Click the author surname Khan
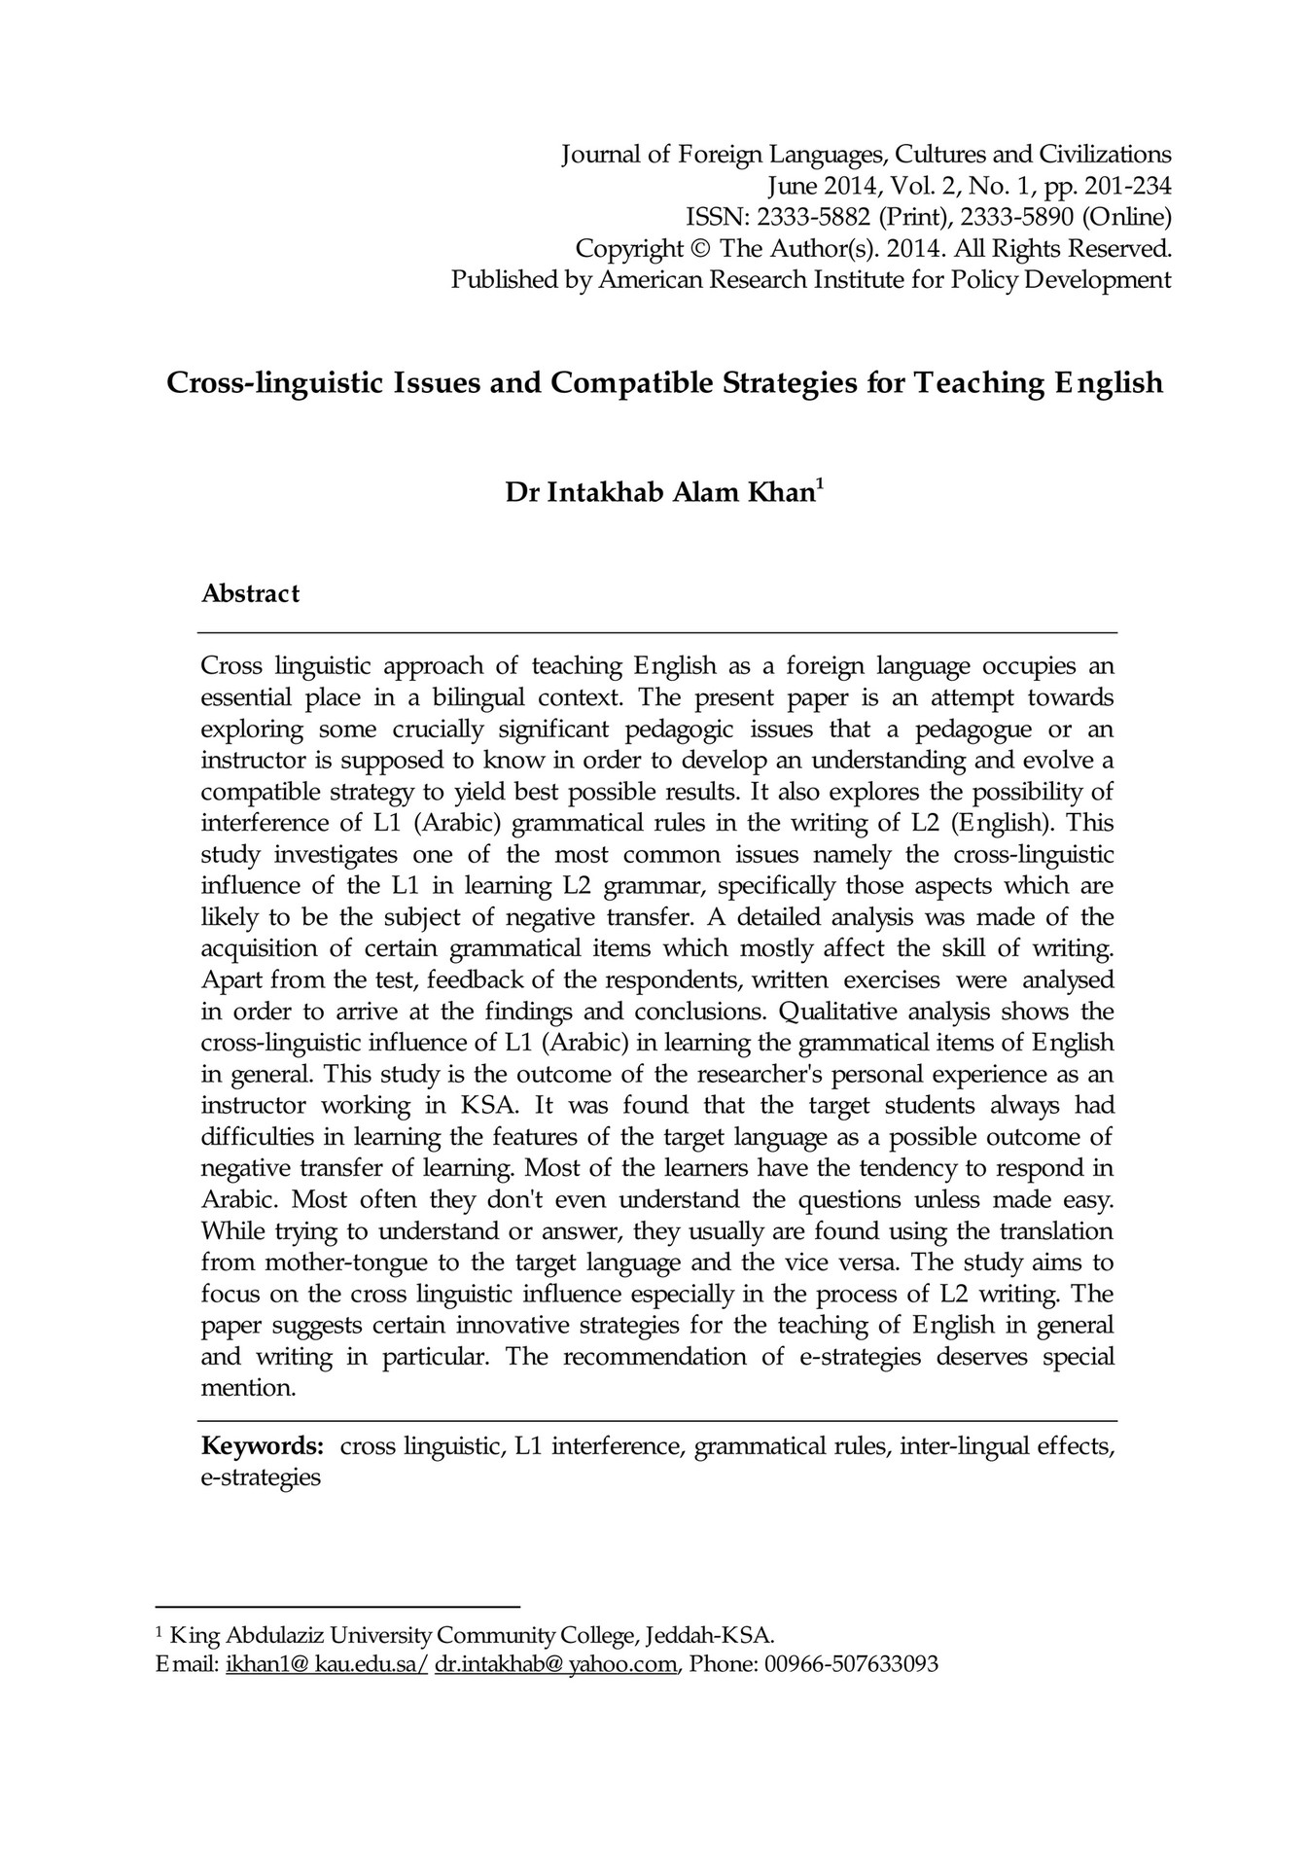click(x=779, y=493)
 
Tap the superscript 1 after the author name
click(x=820, y=484)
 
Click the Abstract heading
click(x=250, y=593)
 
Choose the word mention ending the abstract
click(x=247, y=1388)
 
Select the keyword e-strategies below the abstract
click(x=260, y=1477)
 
